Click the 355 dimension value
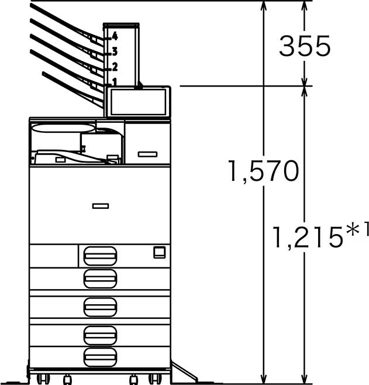(305, 46)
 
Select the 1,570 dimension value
(264, 171)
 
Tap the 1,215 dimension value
(308, 237)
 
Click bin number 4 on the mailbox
(115, 36)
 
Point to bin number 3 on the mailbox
(115, 51)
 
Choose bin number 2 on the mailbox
(115, 67)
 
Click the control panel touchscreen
(138, 102)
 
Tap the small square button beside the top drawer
(160, 252)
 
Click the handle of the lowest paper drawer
(100, 357)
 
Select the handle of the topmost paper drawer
(100, 256)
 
